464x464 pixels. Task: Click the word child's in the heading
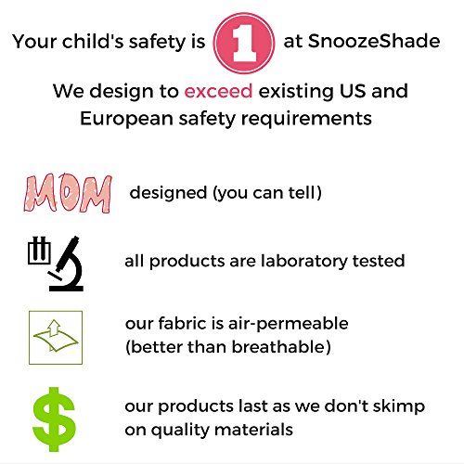(x=97, y=42)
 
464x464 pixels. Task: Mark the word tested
(x=377, y=261)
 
